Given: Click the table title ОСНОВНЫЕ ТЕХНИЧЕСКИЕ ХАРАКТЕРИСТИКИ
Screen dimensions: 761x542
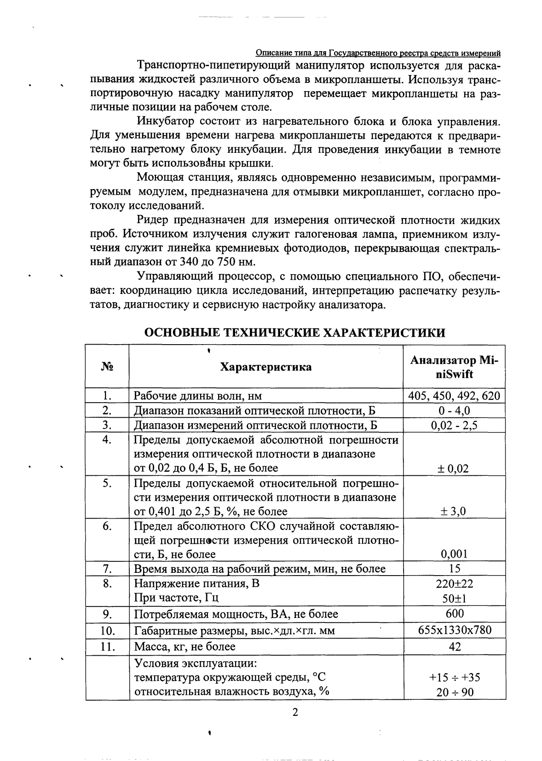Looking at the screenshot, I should click(294, 333).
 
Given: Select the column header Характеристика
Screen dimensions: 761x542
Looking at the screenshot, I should click(265, 367).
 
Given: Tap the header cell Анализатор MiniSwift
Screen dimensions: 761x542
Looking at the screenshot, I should click(454, 367).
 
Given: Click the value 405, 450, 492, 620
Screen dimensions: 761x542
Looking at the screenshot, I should click(454, 396).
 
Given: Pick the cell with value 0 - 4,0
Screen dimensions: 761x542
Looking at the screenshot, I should click(454, 410).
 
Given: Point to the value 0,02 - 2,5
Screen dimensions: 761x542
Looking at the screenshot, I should click(454, 425).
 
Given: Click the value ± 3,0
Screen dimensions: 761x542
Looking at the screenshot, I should click(454, 511).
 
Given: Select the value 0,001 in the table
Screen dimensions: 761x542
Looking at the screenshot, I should click(454, 554).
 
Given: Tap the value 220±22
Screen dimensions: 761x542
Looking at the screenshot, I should click(454, 584).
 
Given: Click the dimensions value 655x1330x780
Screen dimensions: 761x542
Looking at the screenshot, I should click(454, 630).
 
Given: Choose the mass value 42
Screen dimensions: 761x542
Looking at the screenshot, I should click(454, 646).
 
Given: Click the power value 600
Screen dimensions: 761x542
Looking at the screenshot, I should click(454, 613).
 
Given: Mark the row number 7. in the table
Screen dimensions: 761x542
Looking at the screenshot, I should click(107, 569).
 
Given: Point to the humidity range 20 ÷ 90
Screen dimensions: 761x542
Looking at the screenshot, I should click(454, 692).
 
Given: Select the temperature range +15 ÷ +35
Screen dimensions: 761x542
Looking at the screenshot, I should click(454, 677).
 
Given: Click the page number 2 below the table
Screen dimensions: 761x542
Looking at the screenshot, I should click(295, 713).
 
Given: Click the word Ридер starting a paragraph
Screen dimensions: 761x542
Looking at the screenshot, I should click(152, 220).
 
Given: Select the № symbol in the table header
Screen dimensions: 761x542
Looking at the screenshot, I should click(107, 367).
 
